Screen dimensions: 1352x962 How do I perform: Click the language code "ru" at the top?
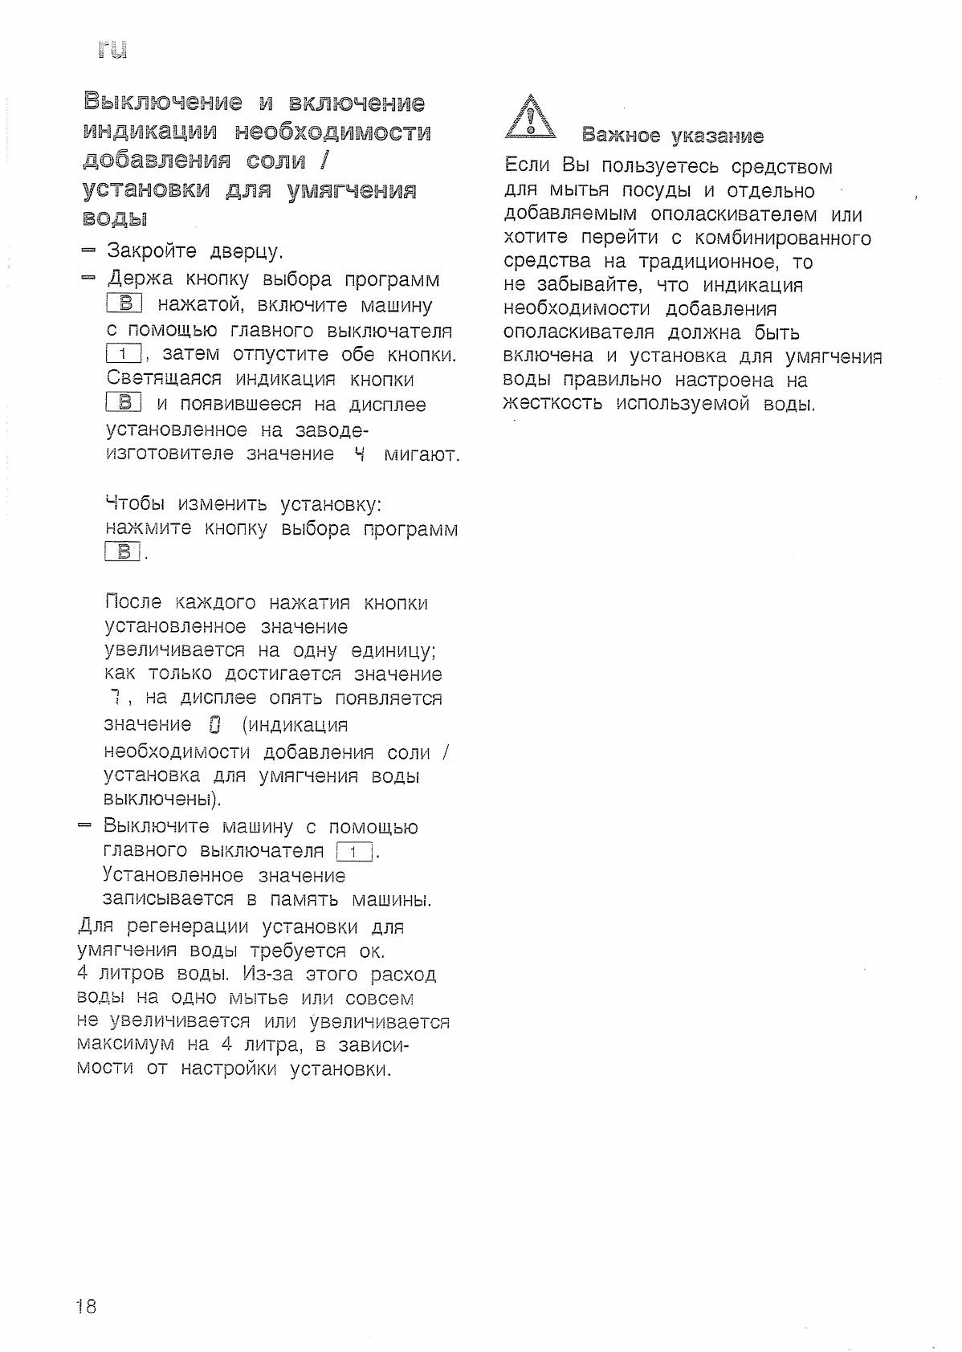click(112, 50)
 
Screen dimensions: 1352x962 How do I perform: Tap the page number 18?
click(86, 1307)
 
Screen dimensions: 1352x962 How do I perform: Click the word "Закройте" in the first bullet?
click(152, 252)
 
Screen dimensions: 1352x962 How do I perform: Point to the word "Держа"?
click(140, 279)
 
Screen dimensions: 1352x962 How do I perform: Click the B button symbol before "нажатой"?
click(124, 304)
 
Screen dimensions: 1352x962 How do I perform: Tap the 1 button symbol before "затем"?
click(124, 354)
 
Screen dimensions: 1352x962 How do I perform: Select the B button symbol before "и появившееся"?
click(124, 403)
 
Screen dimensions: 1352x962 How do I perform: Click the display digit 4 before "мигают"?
click(359, 454)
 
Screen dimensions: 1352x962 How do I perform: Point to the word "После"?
click(133, 603)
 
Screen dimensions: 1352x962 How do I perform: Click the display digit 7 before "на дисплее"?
click(116, 698)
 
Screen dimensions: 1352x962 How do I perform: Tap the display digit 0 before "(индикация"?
click(214, 725)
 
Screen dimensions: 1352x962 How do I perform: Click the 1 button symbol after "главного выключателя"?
click(354, 852)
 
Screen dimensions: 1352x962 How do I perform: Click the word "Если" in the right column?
click(527, 167)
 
